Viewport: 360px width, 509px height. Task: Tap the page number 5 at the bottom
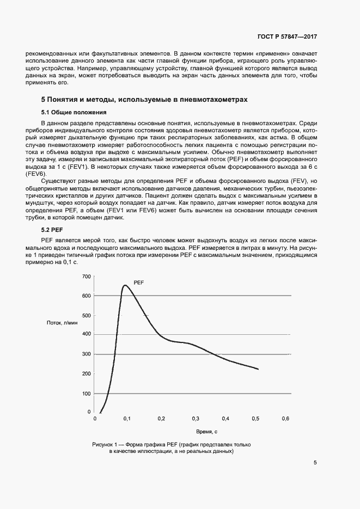point(315,463)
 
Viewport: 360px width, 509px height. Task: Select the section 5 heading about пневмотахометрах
point(144,100)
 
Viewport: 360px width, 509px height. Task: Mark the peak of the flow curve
point(124,285)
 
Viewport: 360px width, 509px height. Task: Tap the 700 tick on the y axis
point(86,277)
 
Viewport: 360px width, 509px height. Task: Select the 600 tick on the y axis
point(86,296)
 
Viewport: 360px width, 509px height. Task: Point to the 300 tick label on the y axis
point(86,354)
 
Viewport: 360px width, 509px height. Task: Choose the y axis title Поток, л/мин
point(62,323)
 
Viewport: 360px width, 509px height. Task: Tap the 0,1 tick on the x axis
point(127,419)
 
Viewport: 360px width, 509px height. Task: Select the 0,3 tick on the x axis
point(195,419)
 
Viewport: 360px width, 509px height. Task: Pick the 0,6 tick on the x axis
point(285,419)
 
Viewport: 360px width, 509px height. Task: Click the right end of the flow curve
point(258,370)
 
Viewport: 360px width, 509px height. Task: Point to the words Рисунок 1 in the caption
point(105,445)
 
